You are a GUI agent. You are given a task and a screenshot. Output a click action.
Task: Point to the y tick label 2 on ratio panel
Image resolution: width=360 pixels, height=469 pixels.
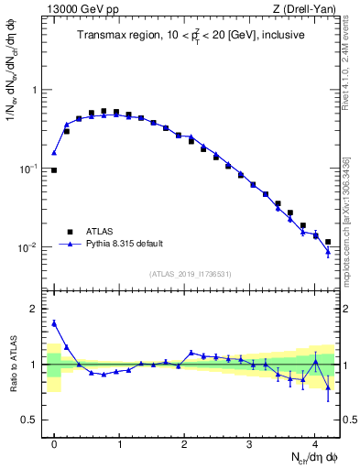tap(37, 310)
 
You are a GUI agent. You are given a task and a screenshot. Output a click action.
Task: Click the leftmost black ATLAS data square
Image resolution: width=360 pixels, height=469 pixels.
tap(54, 170)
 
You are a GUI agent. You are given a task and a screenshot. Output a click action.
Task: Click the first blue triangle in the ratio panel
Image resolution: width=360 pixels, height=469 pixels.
tap(54, 322)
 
